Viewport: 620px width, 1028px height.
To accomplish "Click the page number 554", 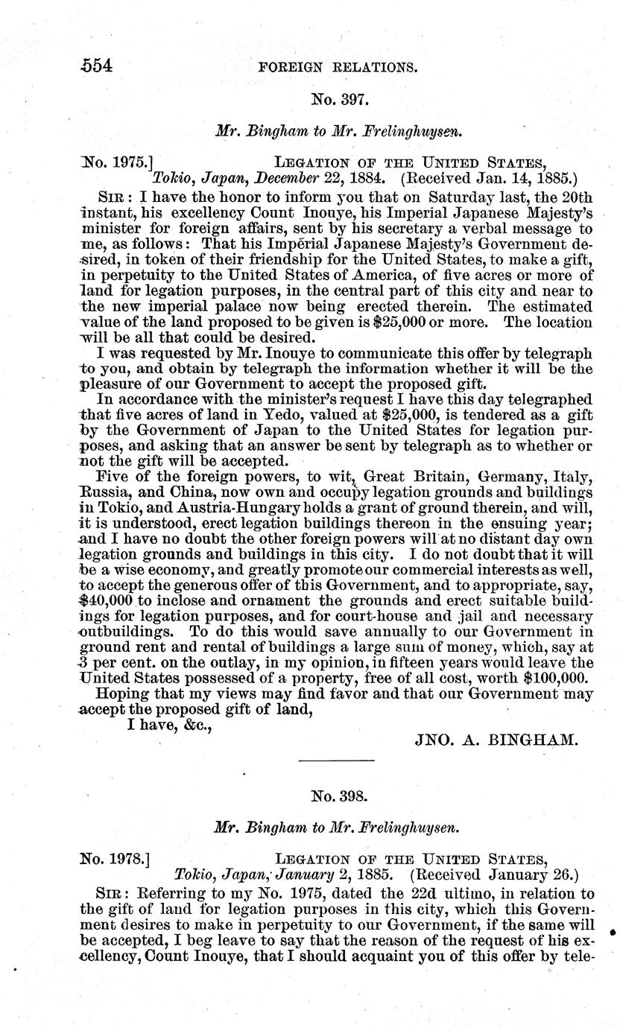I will (x=96, y=65).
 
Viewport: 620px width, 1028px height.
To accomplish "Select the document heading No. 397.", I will (x=337, y=97).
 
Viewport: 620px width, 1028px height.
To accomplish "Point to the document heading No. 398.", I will (x=337, y=796).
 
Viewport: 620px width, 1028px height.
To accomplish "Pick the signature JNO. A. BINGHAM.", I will (x=494, y=720).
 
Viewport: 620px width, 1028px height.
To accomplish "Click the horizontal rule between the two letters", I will (x=336, y=760).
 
